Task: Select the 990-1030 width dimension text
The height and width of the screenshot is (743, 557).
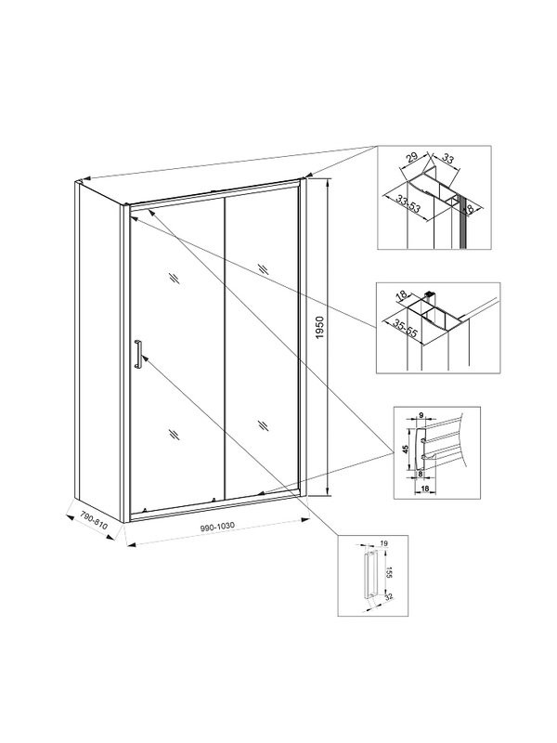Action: [217, 527]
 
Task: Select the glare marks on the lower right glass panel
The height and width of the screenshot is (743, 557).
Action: [263, 425]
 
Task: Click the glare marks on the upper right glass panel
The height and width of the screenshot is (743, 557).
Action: [264, 268]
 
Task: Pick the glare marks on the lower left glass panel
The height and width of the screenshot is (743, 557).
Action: [173, 433]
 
